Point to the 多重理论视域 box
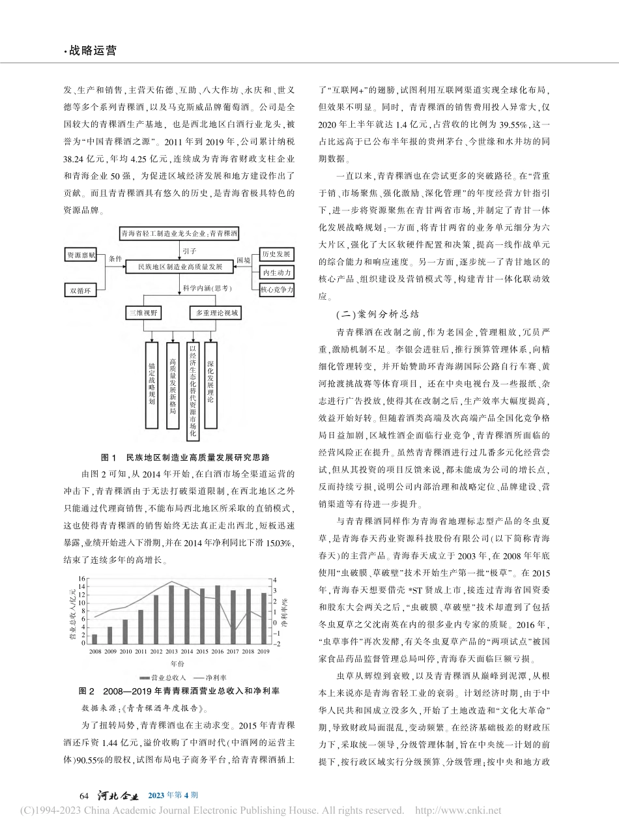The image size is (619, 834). click(x=217, y=313)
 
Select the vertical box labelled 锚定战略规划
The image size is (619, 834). click(x=152, y=385)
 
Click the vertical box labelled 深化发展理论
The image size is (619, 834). click(x=210, y=385)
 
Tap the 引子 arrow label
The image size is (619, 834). click(x=189, y=249)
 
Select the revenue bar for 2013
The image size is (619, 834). click(x=171, y=614)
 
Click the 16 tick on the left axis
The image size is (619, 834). click(x=82, y=579)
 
